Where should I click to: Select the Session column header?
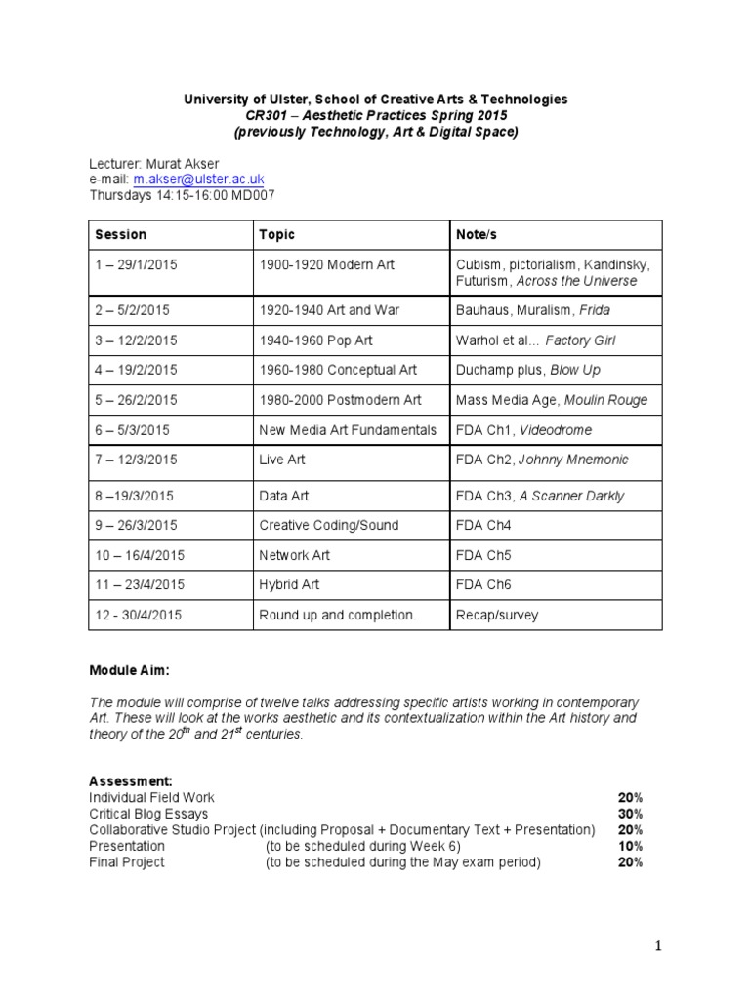[121, 235]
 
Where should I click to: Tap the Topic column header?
[276, 235]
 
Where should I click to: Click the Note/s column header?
[478, 235]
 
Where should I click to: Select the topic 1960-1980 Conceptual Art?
[338, 370]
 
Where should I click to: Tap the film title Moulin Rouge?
[607, 400]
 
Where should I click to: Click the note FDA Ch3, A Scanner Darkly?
[540, 496]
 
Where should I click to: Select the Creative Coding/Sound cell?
[328, 525]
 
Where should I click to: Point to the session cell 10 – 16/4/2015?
[140, 555]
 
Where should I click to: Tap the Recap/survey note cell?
[496, 616]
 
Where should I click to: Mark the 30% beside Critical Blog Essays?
[630, 814]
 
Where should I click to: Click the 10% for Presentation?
[630, 846]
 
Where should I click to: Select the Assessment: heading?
[131, 781]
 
